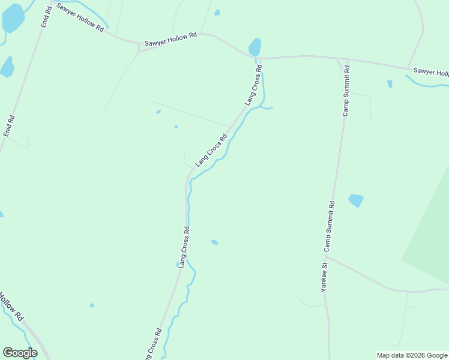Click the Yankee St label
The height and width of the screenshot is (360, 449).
[324, 277]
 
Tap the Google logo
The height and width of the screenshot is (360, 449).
[20, 353]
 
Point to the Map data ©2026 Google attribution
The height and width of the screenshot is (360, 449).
[412, 355]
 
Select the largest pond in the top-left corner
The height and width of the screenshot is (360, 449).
[13, 18]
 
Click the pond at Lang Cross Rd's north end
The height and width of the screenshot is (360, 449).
[255, 46]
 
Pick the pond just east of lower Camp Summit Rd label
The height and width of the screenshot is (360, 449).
[356, 200]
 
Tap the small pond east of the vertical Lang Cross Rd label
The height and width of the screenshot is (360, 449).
[214, 242]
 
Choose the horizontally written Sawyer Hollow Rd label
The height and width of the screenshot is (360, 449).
[170, 36]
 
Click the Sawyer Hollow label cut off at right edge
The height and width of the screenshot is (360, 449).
[431, 73]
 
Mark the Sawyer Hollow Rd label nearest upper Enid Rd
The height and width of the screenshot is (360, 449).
[80, 16]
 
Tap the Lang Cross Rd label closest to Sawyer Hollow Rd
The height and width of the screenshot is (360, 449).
[254, 86]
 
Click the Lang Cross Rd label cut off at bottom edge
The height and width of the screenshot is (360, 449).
[152, 344]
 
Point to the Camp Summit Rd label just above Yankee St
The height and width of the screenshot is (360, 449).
[330, 227]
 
